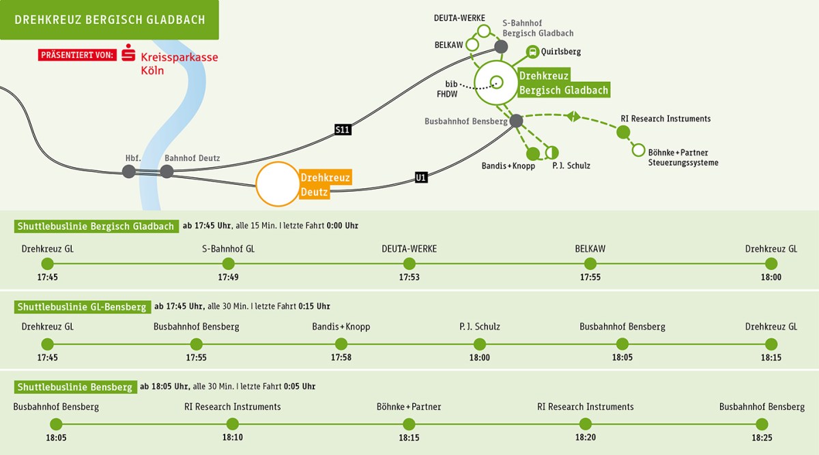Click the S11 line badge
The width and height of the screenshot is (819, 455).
pyautogui.click(x=343, y=128)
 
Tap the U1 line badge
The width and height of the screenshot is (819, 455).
pyautogui.click(x=421, y=177)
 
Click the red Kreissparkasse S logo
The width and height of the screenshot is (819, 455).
pyautogui.click(x=128, y=55)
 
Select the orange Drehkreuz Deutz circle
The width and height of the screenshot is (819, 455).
pyautogui.click(x=278, y=184)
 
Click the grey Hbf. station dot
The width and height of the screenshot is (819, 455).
pyautogui.click(x=129, y=171)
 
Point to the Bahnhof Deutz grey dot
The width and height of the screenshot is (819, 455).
pyautogui.click(x=167, y=171)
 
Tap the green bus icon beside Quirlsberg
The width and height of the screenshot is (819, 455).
pyautogui.click(x=532, y=52)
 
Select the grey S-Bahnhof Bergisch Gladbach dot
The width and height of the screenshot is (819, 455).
pyautogui.click(x=501, y=47)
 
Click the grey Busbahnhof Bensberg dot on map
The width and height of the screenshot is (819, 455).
pyautogui.click(x=516, y=121)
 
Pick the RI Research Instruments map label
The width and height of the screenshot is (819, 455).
pyautogui.click(x=665, y=119)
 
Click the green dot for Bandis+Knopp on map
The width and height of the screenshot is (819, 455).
pyautogui.click(x=533, y=153)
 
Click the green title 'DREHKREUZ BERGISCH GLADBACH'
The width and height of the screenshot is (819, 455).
pyautogui.click(x=109, y=19)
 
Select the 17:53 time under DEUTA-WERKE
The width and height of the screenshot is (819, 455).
pyautogui.click(x=409, y=278)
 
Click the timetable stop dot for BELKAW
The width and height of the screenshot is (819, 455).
pyautogui.click(x=590, y=264)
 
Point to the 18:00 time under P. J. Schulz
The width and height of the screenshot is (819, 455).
pyautogui.click(x=480, y=357)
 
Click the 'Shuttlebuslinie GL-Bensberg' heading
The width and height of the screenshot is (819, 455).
pyautogui.click(x=82, y=307)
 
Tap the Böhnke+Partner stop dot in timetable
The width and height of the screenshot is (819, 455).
pyautogui.click(x=409, y=424)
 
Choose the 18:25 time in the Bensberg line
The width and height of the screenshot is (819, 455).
pyautogui.click(x=762, y=437)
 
